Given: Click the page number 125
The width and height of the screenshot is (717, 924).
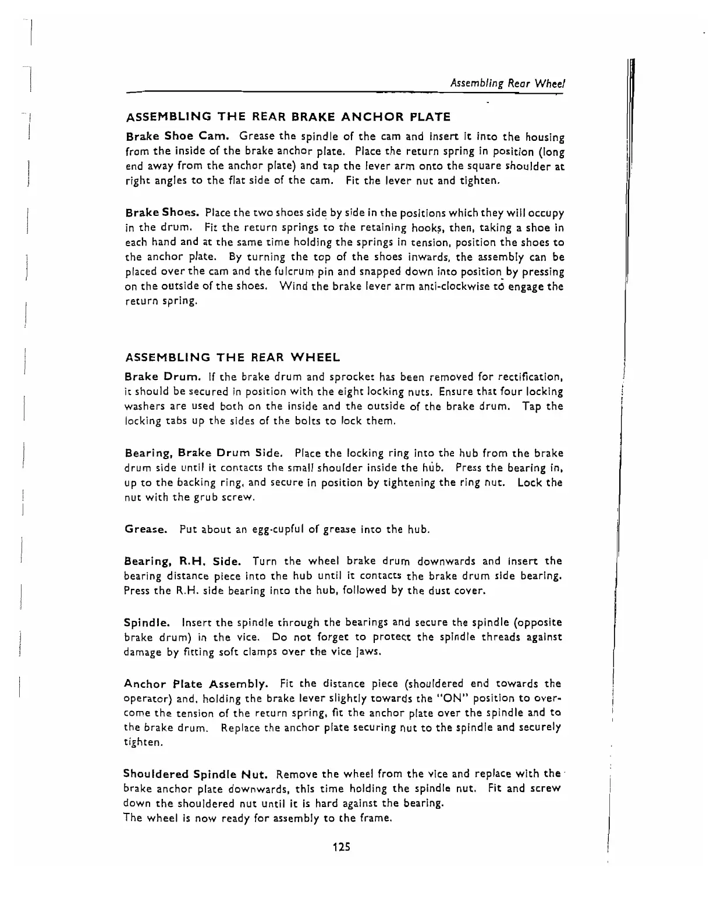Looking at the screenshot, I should (341, 847).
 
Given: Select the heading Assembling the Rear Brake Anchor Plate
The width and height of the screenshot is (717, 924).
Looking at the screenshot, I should (288, 117).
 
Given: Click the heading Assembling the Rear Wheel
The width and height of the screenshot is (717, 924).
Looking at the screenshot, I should (233, 357).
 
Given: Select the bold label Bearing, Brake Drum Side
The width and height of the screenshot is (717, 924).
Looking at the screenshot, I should (205, 453).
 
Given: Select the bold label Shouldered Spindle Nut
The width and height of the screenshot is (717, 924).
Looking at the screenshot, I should (196, 774).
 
